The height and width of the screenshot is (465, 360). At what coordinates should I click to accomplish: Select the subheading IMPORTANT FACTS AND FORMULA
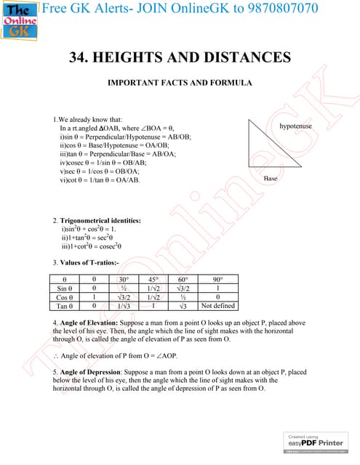(x=180, y=83)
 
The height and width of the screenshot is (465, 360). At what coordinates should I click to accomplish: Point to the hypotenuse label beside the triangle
(x=295, y=126)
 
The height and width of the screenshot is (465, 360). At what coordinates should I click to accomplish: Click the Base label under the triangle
(x=271, y=178)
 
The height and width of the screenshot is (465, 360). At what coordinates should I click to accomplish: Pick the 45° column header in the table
(x=153, y=279)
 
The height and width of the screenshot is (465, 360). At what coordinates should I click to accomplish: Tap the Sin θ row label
(x=68, y=288)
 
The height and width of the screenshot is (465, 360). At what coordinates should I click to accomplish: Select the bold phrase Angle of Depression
(x=96, y=371)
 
